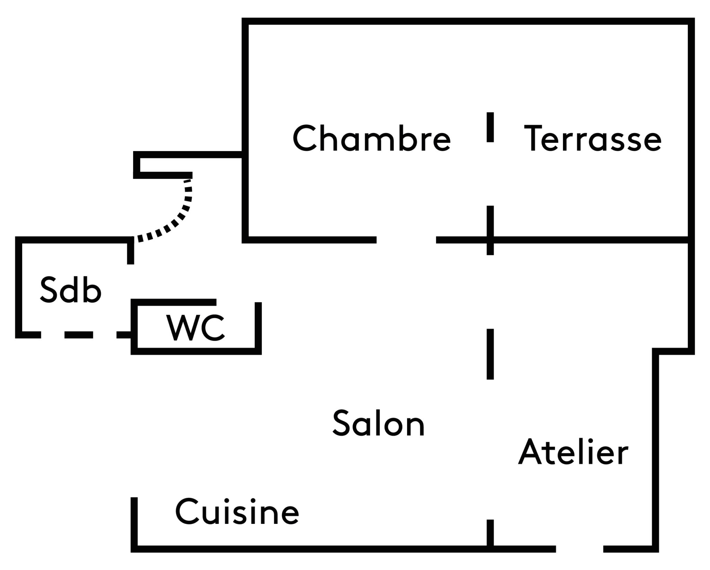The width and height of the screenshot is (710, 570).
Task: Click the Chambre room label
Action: (x=371, y=139)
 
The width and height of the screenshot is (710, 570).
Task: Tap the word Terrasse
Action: (x=592, y=139)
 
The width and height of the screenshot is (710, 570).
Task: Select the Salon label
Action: (x=379, y=423)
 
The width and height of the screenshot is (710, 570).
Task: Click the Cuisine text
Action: (x=237, y=512)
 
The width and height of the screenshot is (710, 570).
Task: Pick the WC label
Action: (x=196, y=328)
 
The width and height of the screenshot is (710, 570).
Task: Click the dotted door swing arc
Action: (x=177, y=219)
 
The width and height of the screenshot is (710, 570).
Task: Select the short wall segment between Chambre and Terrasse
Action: (x=490, y=127)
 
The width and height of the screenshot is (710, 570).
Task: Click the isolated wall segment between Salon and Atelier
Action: (x=490, y=354)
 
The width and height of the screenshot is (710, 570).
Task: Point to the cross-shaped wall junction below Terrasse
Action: (x=490, y=239)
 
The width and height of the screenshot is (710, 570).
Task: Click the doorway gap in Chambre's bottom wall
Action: (x=406, y=239)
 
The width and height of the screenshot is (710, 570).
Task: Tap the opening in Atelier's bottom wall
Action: (x=580, y=549)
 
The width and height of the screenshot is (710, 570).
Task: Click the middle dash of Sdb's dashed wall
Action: (x=79, y=335)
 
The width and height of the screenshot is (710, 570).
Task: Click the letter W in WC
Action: (x=181, y=328)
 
